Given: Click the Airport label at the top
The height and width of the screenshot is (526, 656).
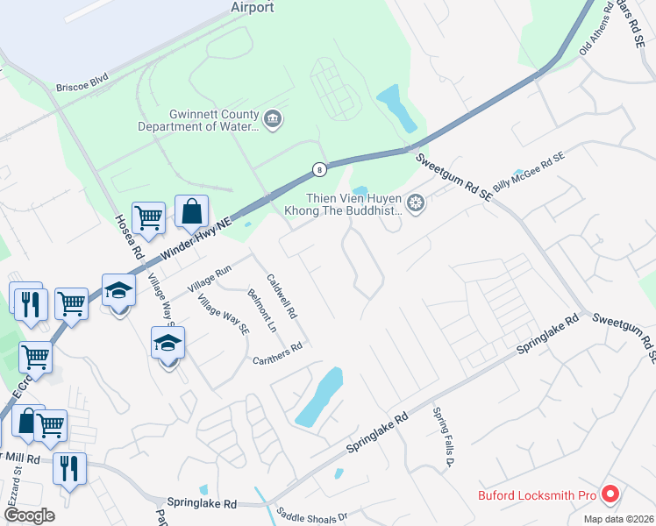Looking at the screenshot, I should pyautogui.click(x=253, y=8).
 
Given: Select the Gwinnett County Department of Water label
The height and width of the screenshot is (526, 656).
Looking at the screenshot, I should pyautogui.click(x=198, y=120).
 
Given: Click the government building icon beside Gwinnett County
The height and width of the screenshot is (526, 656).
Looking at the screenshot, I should pyautogui.click(x=273, y=119).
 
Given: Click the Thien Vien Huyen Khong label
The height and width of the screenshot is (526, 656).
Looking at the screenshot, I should pyautogui.click(x=344, y=204).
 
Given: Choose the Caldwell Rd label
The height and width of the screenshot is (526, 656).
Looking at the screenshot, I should pyautogui.click(x=282, y=294).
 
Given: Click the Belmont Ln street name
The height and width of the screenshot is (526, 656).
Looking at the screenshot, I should pyautogui.click(x=262, y=311).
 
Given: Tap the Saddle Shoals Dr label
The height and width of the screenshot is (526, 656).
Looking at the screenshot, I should pyautogui.click(x=312, y=516).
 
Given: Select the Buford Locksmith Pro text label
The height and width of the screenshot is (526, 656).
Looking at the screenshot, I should pyautogui.click(x=537, y=495).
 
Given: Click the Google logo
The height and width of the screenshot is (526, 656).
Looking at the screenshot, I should pyautogui.click(x=29, y=515).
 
